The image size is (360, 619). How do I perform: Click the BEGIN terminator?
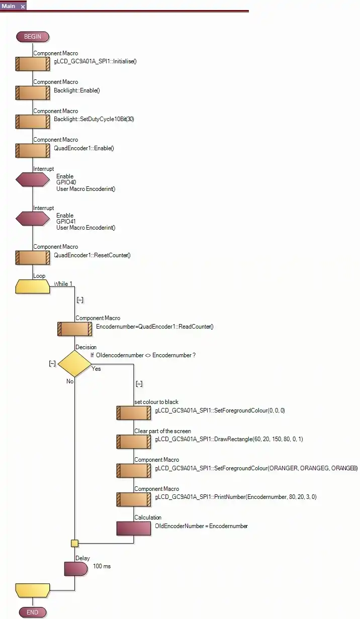pos(33,37)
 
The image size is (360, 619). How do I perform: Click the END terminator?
pos(33,612)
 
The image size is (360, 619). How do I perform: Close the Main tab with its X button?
pos(23,7)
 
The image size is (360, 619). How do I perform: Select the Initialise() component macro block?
pos(33,64)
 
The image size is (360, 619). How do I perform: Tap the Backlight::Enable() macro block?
pos(33,93)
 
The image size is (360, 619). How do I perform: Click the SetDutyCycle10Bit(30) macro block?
pos(33,122)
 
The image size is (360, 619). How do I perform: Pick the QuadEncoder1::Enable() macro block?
pos(33,151)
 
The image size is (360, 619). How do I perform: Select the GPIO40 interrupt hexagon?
pos(33,180)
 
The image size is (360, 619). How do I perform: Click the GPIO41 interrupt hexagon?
pos(33,219)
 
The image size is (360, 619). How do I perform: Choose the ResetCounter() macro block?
pos(33,258)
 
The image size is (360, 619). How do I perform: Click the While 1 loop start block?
pos(33,287)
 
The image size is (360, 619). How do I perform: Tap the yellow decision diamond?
pos(74,364)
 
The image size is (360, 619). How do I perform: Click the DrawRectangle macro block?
pos(133,442)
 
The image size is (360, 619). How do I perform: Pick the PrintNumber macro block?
pos(133,499)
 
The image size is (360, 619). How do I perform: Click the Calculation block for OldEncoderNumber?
pos(133,529)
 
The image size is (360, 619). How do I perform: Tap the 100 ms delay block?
pos(74,569)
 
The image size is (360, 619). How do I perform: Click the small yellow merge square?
pos(74,543)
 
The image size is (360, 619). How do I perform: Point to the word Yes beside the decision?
pos(96,369)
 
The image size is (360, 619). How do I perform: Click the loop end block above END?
pos(33,590)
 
